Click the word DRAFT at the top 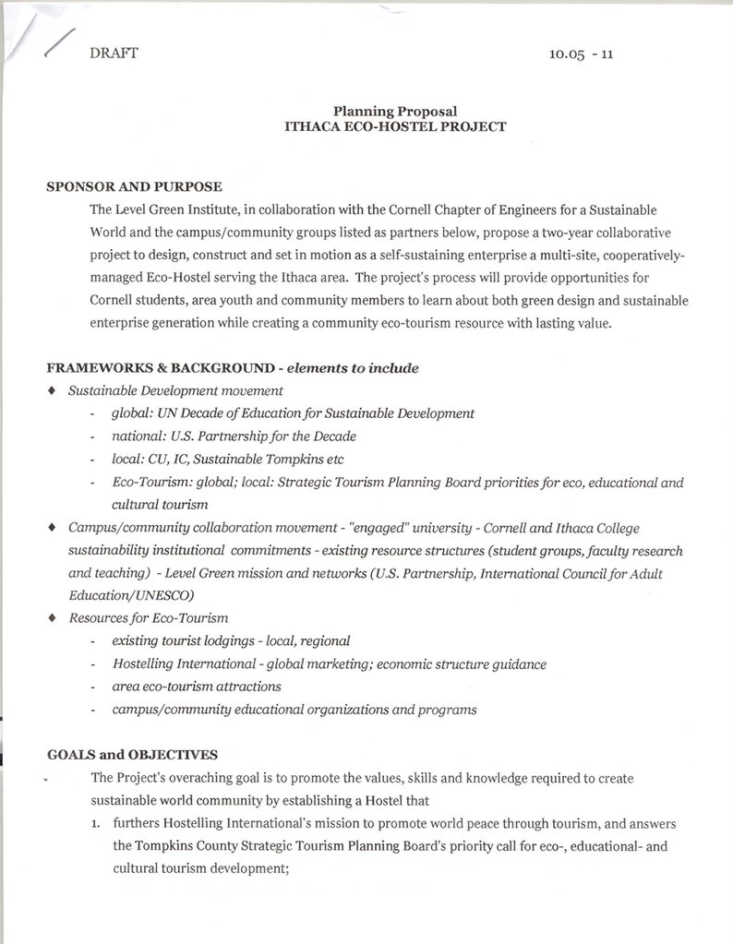(x=114, y=53)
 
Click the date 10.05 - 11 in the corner (x=581, y=54)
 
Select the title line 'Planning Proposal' (x=395, y=112)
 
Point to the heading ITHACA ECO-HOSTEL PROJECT (x=395, y=127)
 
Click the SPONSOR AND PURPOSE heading (x=134, y=187)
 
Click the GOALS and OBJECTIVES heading (x=132, y=755)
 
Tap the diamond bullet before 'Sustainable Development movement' (x=52, y=391)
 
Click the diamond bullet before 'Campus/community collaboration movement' (x=52, y=528)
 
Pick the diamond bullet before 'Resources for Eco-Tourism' (x=52, y=618)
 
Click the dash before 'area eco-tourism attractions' (x=92, y=687)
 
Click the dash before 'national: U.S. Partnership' (x=92, y=436)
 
